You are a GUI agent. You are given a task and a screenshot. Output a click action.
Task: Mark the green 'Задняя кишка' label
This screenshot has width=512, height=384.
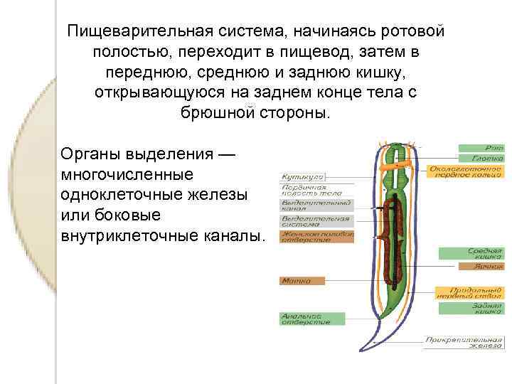[x=472, y=308]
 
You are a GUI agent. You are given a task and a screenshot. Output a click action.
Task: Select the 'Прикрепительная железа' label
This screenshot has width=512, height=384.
[x=465, y=342]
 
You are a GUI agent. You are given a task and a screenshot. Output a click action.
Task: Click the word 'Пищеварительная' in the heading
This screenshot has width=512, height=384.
[x=128, y=32]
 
